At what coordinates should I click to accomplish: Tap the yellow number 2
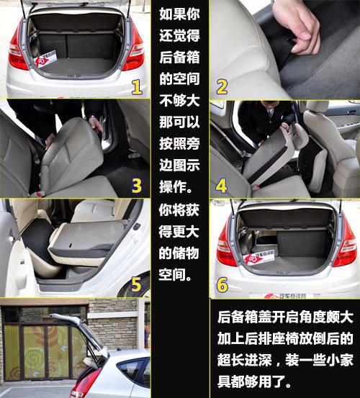(221, 87)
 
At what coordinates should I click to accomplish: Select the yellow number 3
(136, 186)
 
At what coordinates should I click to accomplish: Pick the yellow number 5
(136, 284)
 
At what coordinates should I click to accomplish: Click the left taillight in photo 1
(17, 55)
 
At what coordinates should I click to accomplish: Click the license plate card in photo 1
(50, 60)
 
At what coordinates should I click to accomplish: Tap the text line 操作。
(180, 184)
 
